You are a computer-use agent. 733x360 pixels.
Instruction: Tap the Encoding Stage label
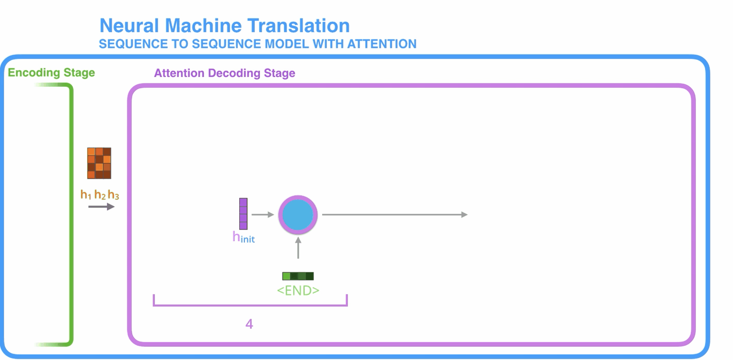coord(51,72)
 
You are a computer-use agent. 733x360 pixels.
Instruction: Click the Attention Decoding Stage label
coord(224,73)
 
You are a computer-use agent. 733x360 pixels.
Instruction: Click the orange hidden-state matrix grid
coord(99,163)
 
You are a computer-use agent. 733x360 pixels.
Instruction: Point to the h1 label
coord(85,195)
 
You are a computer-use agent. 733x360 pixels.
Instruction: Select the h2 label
coord(100,195)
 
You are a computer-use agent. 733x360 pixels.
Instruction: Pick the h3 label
coord(113,195)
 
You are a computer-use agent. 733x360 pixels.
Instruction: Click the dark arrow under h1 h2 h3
coord(101,207)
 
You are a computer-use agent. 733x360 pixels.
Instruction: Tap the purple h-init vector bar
coord(243,213)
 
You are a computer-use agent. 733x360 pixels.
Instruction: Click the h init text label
coord(244,237)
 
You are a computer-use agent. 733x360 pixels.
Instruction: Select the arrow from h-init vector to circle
coord(263,215)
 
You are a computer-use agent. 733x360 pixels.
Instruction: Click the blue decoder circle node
coord(298,215)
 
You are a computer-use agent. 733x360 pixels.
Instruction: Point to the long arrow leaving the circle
coord(395,215)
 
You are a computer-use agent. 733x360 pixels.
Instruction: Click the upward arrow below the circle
coord(298,248)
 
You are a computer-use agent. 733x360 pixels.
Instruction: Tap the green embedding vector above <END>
coord(298,276)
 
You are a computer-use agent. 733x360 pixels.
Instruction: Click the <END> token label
coord(298,291)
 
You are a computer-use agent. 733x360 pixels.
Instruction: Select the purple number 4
coord(249,324)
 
